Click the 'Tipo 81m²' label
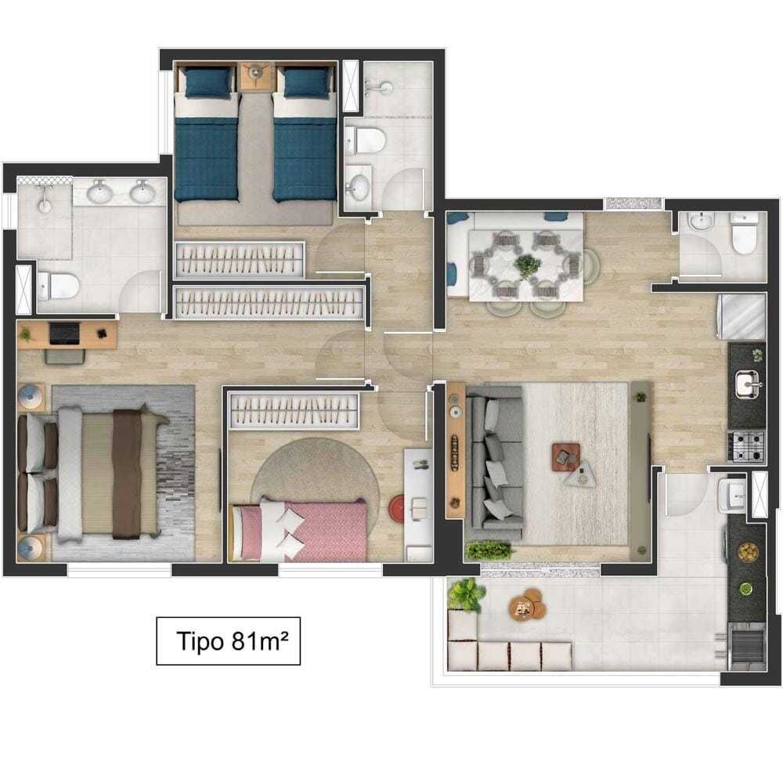(x=233, y=641)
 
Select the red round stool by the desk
(x=397, y=508)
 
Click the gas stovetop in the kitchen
(x=746, y=446)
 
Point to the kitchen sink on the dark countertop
(x=748, y=384)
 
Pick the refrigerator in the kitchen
(x=742, y=317)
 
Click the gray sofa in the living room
(x=494, y=464)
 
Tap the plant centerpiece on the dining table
(x=527, y=265)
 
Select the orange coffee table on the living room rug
(x=566, y=457)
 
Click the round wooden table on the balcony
(x=527, y=604)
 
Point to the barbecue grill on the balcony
(x=747, y=646)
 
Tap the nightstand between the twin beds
(x=256, y=76)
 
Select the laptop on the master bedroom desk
(x=64, y=333)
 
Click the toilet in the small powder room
(x=744, y=233)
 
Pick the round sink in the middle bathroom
(x=358, y=186)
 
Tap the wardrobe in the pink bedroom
(x=294, y=411)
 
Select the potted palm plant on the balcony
(x=466, y=594)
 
